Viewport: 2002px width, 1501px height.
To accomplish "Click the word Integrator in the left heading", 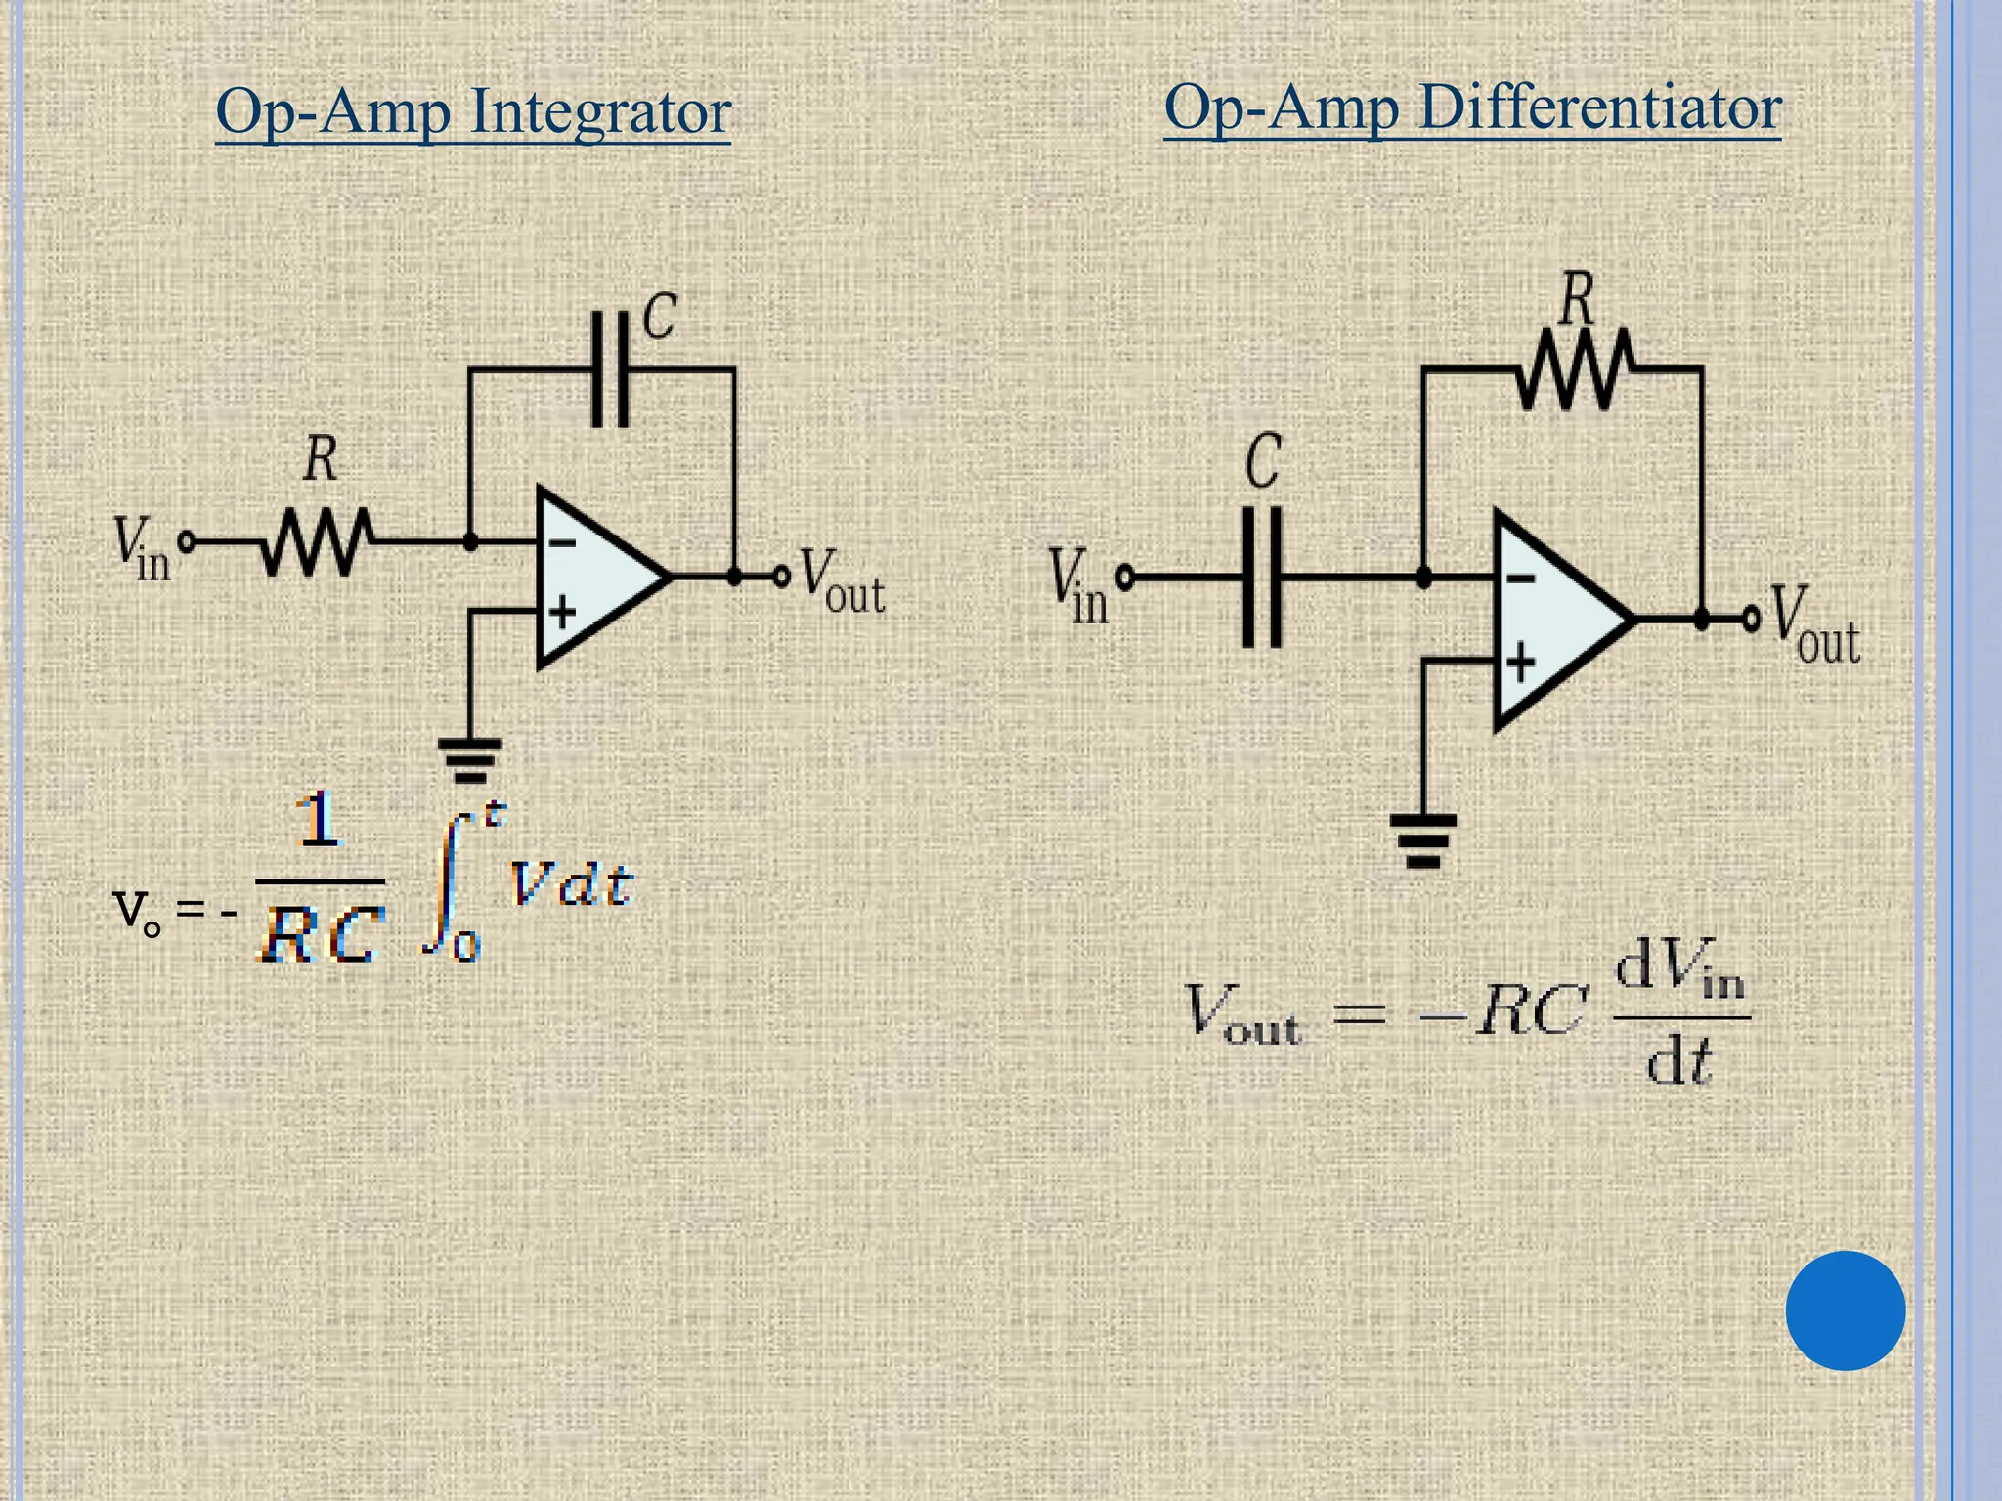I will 600,112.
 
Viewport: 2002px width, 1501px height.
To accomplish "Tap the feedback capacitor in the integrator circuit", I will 610,369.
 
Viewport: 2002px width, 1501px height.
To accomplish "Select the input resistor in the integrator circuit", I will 316,540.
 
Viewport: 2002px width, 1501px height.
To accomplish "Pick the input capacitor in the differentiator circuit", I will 1262,578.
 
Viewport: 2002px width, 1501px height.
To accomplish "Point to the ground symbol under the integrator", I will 470,759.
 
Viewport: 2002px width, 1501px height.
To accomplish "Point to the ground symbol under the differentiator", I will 1423,840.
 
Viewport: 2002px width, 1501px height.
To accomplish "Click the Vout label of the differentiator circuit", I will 1813,625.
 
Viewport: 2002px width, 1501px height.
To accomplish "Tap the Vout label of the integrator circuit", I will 841,582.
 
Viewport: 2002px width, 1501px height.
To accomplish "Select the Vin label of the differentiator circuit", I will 1077,586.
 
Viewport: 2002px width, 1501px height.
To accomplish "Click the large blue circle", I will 1845,1310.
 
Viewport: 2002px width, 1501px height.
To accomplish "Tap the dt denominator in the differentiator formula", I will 1678,1061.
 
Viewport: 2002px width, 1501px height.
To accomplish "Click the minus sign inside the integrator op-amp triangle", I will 562,542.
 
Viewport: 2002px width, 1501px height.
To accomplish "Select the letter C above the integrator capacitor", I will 660,317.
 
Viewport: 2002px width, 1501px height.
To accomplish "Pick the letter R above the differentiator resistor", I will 1577,298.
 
